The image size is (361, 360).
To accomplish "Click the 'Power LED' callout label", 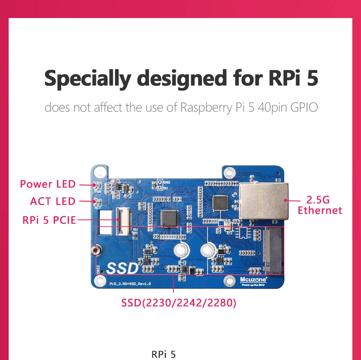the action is point(48,184).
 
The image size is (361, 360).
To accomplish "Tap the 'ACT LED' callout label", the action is point(53,201).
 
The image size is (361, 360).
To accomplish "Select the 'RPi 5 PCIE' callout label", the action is point(49,220).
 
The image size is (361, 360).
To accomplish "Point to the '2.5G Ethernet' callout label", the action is point(320,205).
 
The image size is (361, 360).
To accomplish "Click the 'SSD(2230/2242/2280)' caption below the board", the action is point(179,303).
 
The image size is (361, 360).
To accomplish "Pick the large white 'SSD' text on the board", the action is point(123,268).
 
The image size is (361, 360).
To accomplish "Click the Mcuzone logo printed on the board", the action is point(253,279).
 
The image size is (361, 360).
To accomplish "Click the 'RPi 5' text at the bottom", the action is point(164,354).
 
